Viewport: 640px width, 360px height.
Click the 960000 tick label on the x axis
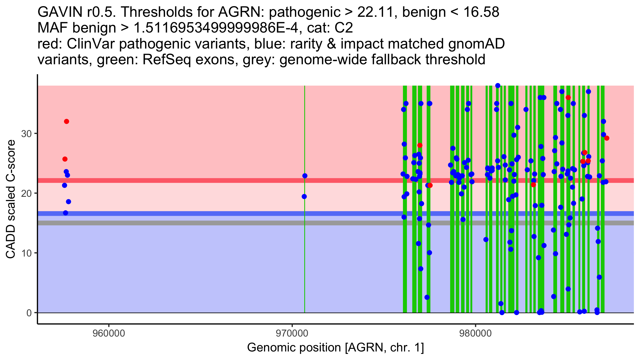pyautogui.click(x=109, y=334)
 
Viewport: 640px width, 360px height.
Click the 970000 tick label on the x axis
pyautogui.click(x=292, y=334)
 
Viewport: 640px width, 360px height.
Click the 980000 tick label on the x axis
pyautogui.click(x=475, y=334)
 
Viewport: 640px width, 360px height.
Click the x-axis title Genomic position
pyautogui.click(x=335, y=348)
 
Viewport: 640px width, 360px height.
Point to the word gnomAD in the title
pyautogui.click(x=476, y=44)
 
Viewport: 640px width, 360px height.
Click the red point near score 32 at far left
pyautogui.click(x=67, y=122)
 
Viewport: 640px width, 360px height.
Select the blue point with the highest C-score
pyautogui.click(x=498, y=86)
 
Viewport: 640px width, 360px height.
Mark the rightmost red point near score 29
pyautogui.click(x=607, y=138)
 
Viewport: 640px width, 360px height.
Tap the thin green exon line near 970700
pyautogui.click(x=305, y=240)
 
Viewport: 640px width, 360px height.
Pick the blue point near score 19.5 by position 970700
pyautogui.click(x=304, y=197)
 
